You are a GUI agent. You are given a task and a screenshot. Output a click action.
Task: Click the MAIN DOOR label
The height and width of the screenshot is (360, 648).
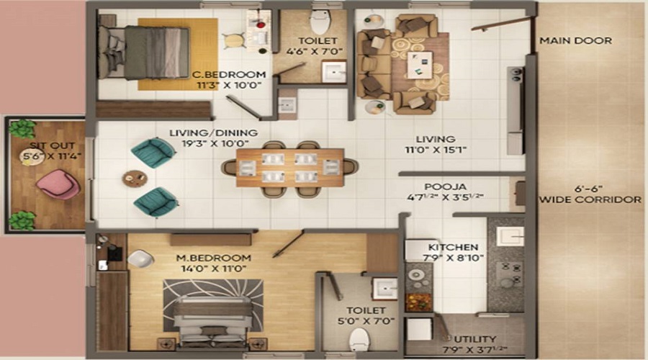(575, 41)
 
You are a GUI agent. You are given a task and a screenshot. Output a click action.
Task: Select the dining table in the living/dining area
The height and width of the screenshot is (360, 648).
(289, 167)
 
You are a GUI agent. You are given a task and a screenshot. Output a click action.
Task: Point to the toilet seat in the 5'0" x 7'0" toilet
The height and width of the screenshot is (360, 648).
(358, 338)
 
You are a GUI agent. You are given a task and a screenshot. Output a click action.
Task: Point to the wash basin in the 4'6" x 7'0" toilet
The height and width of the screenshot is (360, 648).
(333, 71)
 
